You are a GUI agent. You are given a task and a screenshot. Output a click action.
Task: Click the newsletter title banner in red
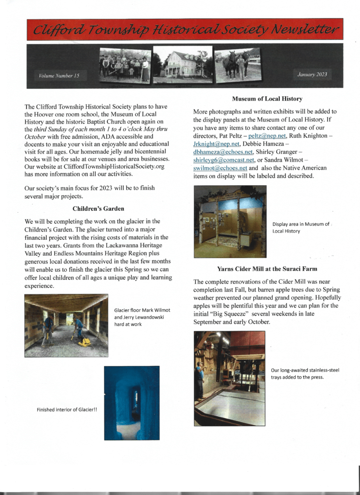185,29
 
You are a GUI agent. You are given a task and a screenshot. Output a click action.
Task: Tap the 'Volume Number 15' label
55,75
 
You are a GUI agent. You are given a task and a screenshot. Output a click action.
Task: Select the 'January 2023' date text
310,74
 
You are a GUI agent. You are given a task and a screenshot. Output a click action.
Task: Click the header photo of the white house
183,64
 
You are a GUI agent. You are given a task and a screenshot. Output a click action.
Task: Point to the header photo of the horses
238,65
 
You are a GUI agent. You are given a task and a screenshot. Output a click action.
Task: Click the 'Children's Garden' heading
98,209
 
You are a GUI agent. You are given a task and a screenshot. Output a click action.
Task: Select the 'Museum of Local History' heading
267,99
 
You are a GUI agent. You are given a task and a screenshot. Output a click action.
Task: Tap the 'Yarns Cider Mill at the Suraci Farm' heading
267,268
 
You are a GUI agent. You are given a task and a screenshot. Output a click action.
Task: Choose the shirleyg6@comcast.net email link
217,160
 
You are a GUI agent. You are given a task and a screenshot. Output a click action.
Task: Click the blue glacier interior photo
131,403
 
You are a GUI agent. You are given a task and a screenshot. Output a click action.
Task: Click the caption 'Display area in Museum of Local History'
301,227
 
